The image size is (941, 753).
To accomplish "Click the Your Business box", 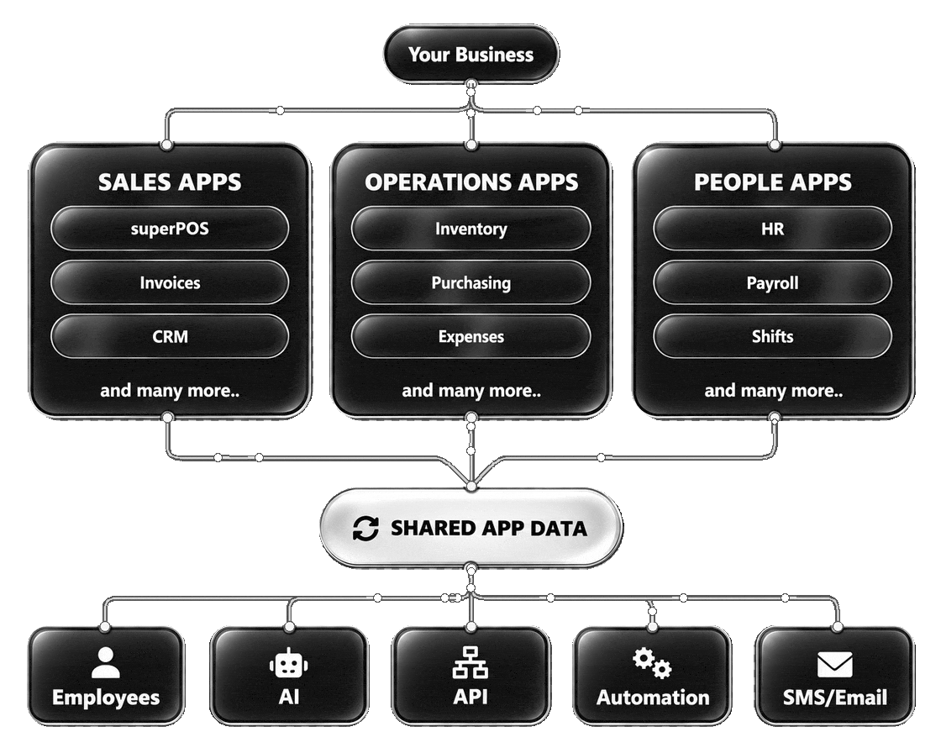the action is tap(471, 54).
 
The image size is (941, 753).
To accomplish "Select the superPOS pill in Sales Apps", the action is tap(170, 229).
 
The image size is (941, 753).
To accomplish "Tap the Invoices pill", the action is tap(170, 282).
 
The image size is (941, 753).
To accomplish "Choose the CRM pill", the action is tap(170, 336).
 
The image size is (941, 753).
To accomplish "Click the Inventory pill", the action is tap(471, 229).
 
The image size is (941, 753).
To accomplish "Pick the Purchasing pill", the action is tap(471, 282).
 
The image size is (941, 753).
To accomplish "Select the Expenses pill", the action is tap(471, 336).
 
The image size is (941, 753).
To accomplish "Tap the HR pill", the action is tap(772, 229).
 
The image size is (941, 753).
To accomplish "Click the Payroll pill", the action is tap(772, 282).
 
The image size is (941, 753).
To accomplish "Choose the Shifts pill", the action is tap(772, 336).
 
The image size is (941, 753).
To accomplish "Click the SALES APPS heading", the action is tap(170, 182).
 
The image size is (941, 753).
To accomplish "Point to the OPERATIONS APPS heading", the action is tap(471, 182).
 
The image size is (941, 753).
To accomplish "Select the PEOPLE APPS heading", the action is tap(772, 182).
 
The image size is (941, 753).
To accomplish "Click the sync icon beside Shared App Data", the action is tap(365, 529).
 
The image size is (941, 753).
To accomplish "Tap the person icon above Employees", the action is tap(106, 662).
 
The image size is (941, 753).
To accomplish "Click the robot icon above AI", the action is tap(289, 663).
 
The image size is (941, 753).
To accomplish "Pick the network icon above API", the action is tap(470, 662).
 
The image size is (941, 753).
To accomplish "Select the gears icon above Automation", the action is tap(652, 663).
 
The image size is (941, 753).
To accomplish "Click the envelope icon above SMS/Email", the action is tap(835, 664).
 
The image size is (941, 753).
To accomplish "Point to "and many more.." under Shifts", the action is tap(774, 391).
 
